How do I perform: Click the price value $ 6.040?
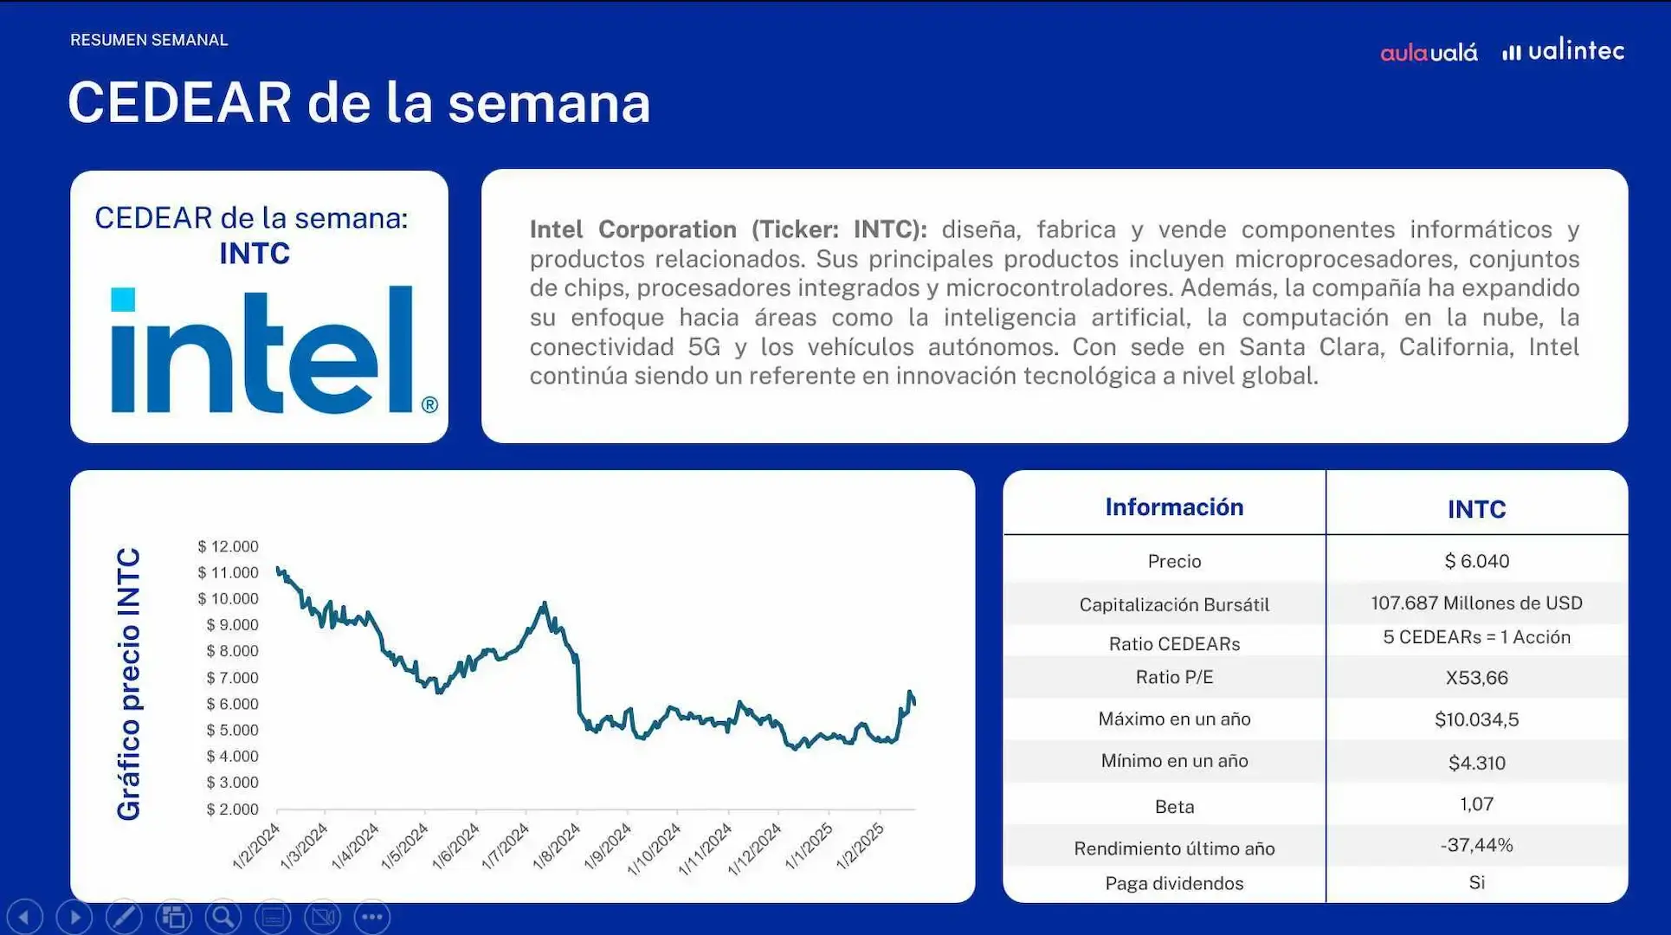(1476, 561)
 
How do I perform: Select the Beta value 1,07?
(1476, 804)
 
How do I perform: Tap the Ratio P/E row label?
(1174, 677)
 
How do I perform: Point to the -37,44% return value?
(1476, 845)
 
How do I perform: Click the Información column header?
(1174, 507)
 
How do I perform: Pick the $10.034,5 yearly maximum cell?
(1476, 719)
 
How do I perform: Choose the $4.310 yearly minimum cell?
(1476, 763)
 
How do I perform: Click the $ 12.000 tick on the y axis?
(228, 546)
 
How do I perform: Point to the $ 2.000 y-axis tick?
(232, 809)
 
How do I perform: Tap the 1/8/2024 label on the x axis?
(557, 847)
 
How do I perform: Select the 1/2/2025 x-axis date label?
(861, 847)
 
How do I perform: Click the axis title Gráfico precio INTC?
(129, 684)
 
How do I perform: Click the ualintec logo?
(1564, 51)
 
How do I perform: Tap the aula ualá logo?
(1429, 53)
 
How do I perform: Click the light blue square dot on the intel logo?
(123, 300)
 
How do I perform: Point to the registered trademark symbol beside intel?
(429, 404)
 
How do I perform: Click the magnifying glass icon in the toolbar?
(223, 917)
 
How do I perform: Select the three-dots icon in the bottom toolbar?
(372, 917)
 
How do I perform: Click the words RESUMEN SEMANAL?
(149, 40)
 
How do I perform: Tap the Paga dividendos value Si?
(1476, 882)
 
